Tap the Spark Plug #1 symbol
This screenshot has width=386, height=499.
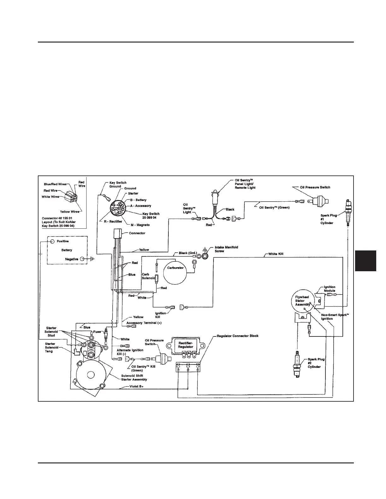point(348,213)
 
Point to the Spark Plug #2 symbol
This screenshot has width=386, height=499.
point(297,364)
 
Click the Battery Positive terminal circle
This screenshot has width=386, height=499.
point(52,241)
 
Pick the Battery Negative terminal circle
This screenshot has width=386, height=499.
point(82,259)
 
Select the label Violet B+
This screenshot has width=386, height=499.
point(136,386)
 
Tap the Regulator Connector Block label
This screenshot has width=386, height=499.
point(237,336)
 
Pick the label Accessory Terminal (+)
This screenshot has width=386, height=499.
point(144,323)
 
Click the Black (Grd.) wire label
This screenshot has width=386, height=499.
point(188,253)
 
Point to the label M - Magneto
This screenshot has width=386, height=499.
point(140,225)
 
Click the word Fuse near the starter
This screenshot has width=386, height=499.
point(97,332)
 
